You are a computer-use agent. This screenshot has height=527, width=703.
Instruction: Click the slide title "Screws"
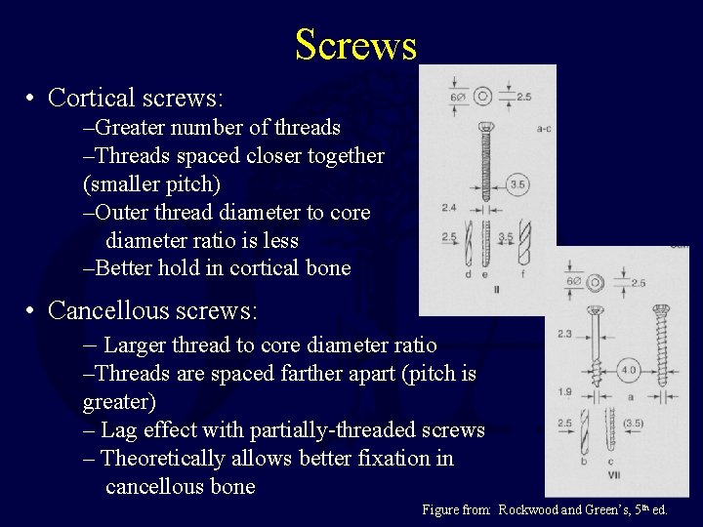pyautogui.click(x=355, y=45)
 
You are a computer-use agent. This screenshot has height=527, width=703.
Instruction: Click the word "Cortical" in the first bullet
pyautogui.click(x=87, y=98)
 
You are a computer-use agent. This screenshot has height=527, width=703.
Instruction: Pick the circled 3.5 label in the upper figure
pyautogui.click(x=518, y=184)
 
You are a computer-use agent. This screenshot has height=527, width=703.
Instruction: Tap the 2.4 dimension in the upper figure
pyautogui.click(x=449, y=208)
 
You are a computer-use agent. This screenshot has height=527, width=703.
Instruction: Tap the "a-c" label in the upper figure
pyautogui.click(x=544, y=127)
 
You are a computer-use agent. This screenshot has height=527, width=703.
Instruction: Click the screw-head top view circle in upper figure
pyautogui.click(x=482, y=97)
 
